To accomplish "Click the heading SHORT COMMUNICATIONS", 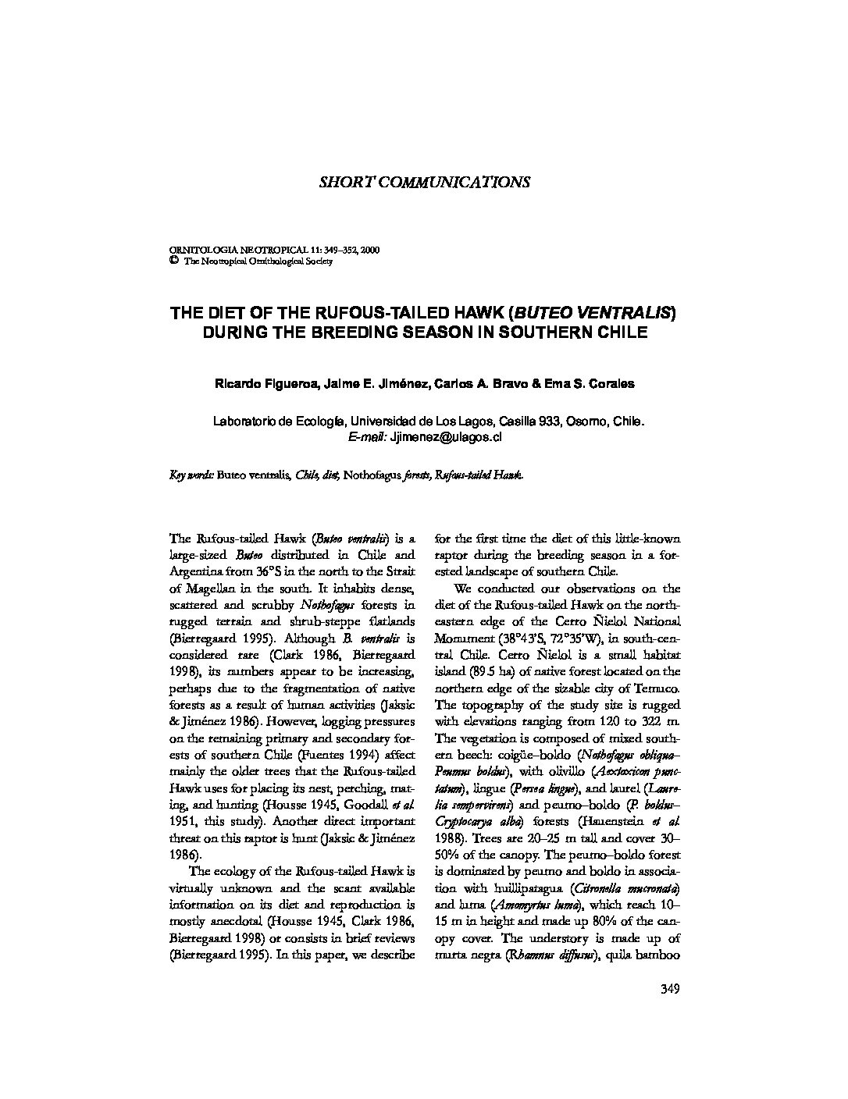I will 425,182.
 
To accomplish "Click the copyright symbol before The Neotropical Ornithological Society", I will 173,261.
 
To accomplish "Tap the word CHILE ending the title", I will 625,333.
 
